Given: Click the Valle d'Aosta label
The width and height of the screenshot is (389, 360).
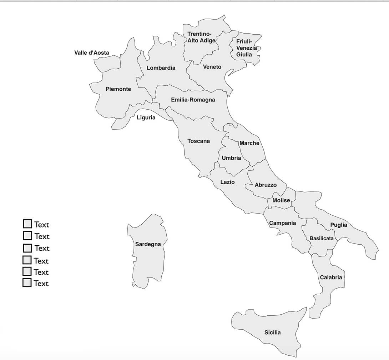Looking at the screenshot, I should (92, 53).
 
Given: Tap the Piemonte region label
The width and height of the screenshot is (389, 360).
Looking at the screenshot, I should (118, 89).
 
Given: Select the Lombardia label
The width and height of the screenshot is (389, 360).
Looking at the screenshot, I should (161, 68).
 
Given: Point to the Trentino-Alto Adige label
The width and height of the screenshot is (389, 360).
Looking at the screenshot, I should (201, 37).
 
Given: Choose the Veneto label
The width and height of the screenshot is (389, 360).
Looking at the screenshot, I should (212, 67).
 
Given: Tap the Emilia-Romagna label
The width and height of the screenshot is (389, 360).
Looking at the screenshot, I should (193, 100).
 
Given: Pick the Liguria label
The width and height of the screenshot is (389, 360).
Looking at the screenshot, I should (146, 117).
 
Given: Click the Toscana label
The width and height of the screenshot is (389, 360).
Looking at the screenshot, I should (198, 141).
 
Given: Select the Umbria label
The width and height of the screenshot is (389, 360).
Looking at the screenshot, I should (231, 158).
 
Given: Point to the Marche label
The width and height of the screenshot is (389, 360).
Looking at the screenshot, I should (249, 143).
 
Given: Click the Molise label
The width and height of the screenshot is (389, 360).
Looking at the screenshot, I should (281, 200).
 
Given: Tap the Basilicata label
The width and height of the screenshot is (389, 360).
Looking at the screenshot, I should (322, 238).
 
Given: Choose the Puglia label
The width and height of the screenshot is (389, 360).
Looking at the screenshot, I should (338, 225).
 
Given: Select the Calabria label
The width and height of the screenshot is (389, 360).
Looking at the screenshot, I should (331, 277).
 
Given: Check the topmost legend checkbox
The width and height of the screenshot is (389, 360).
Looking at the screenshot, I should (27, 224).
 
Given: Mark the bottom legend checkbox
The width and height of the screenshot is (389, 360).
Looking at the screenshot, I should (27, 283).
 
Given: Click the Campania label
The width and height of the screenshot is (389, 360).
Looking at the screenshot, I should (282, 223).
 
